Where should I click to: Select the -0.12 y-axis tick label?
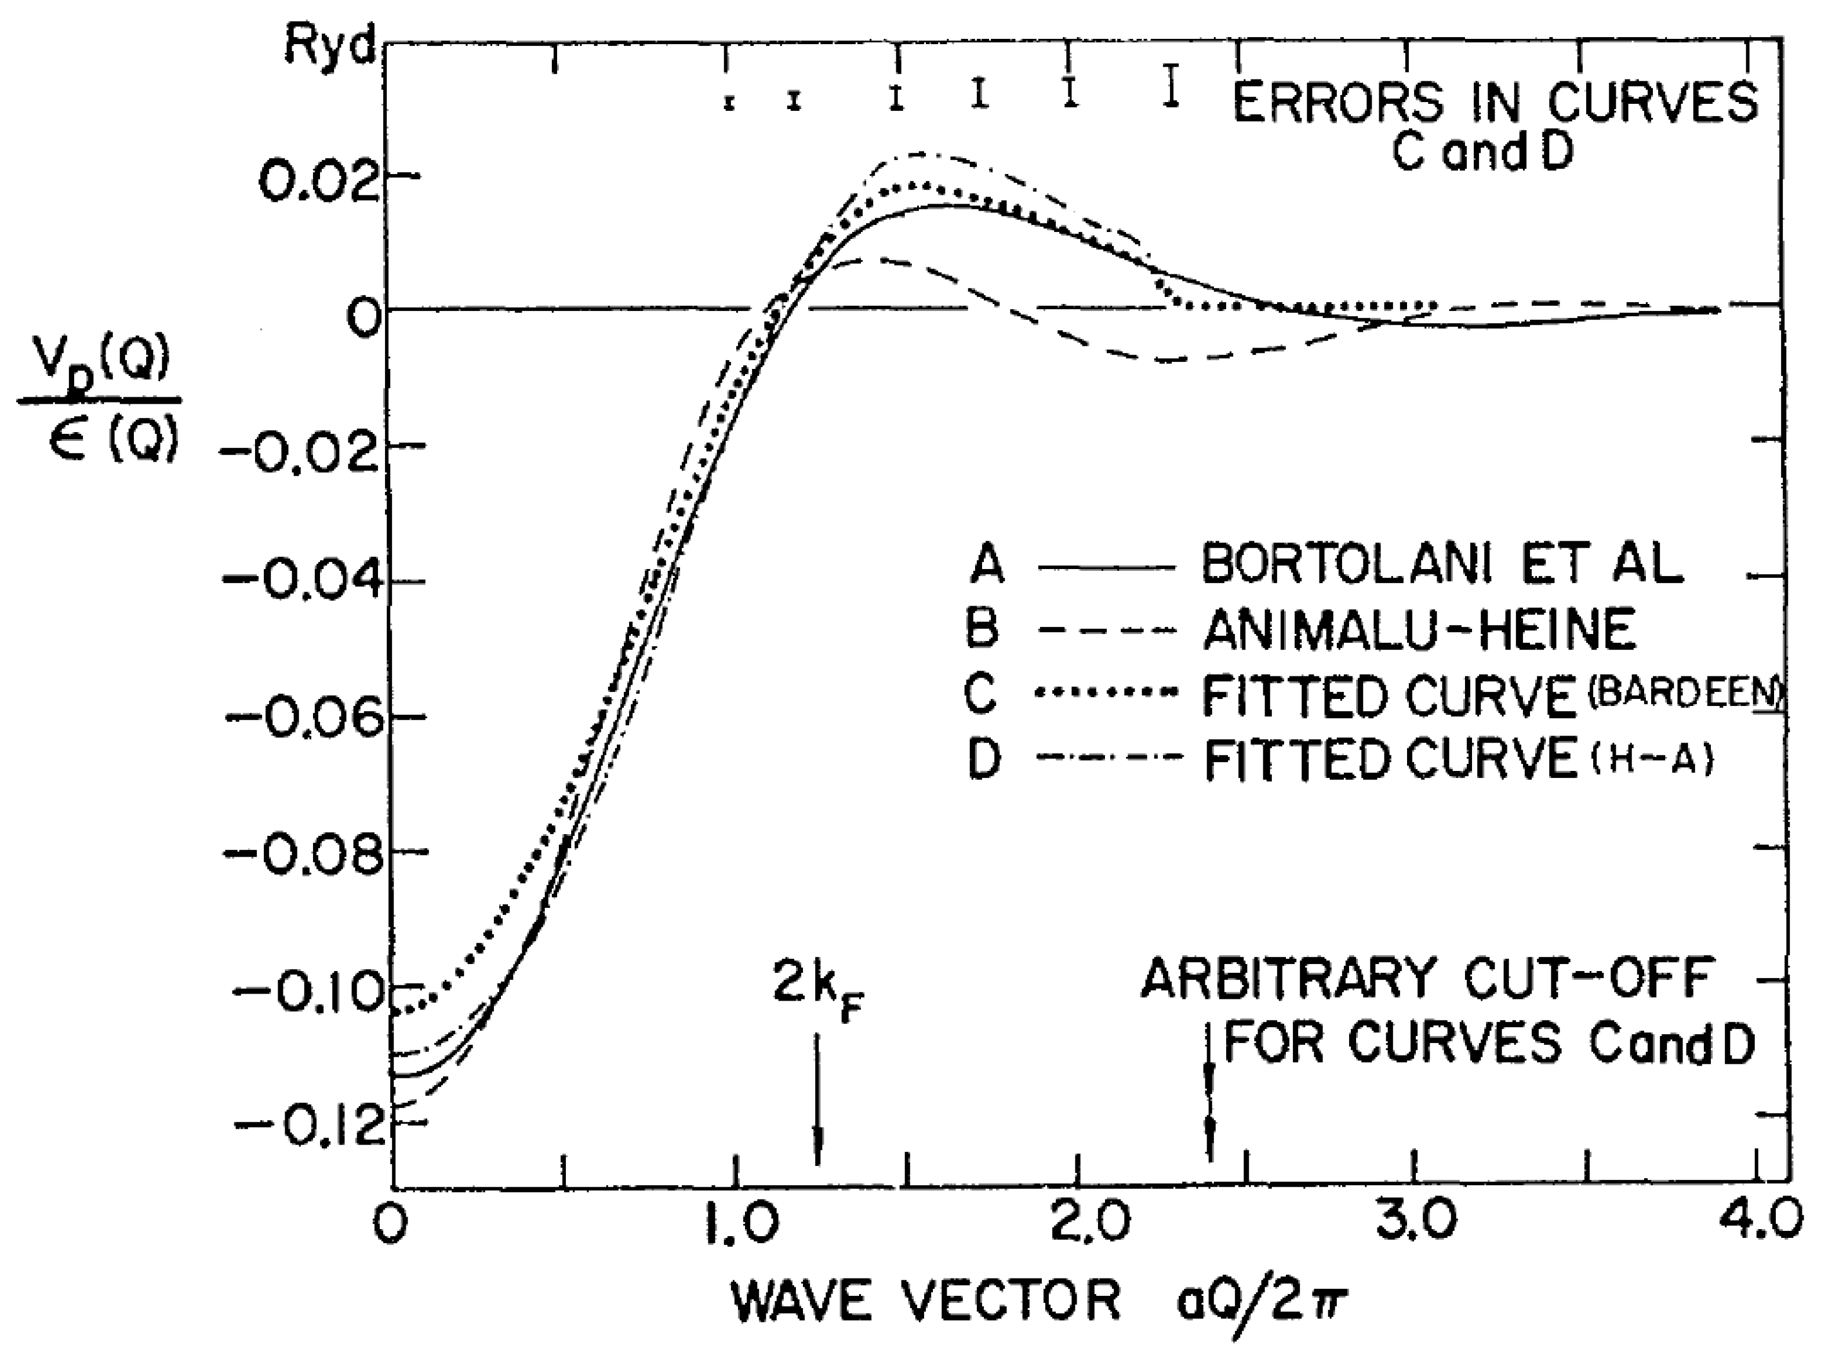304,1126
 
